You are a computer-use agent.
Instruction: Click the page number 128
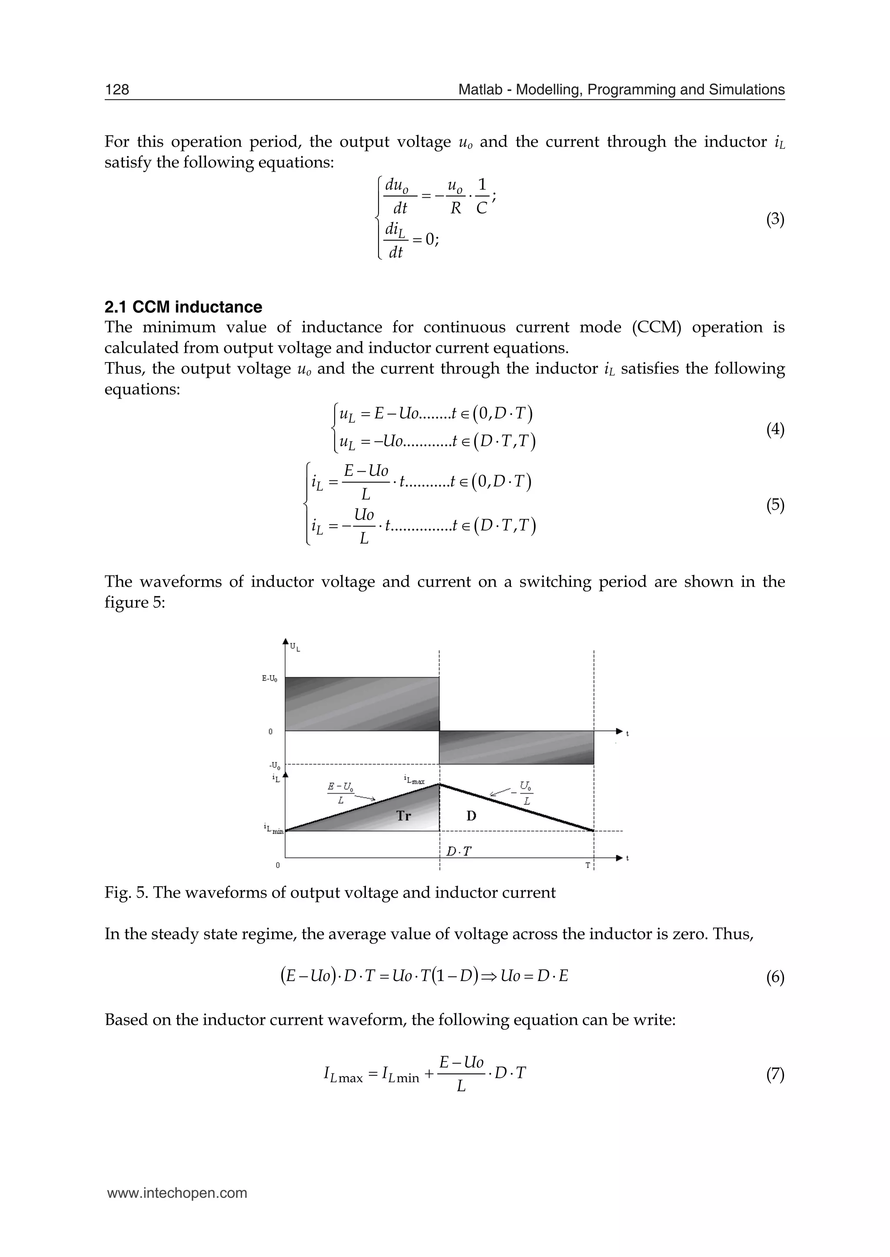click(x=117, y=90)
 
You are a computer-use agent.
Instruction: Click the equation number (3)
click(x=775, y=220)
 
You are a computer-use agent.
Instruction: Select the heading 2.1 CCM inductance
click(x=183, y=307)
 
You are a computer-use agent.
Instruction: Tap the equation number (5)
click(x=775, y=505)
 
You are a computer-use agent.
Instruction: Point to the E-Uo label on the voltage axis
click(x=269, y=678)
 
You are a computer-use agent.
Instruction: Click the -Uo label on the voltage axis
click(x=275, y=766)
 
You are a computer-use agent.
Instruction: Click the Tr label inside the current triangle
click(x=403, y=816)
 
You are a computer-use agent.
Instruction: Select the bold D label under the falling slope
click(x=472, y=816)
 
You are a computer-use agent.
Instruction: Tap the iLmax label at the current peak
click(x=414, y=780)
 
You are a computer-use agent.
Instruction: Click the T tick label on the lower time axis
click(x=588, y=865)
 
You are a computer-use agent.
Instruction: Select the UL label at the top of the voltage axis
click(x=295, y=648)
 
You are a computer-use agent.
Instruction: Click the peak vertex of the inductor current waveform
click(x=439, y=785)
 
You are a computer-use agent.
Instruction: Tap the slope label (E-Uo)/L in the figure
click(x=340, y=794)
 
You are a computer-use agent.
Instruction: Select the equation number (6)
click(x=775, y=978)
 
